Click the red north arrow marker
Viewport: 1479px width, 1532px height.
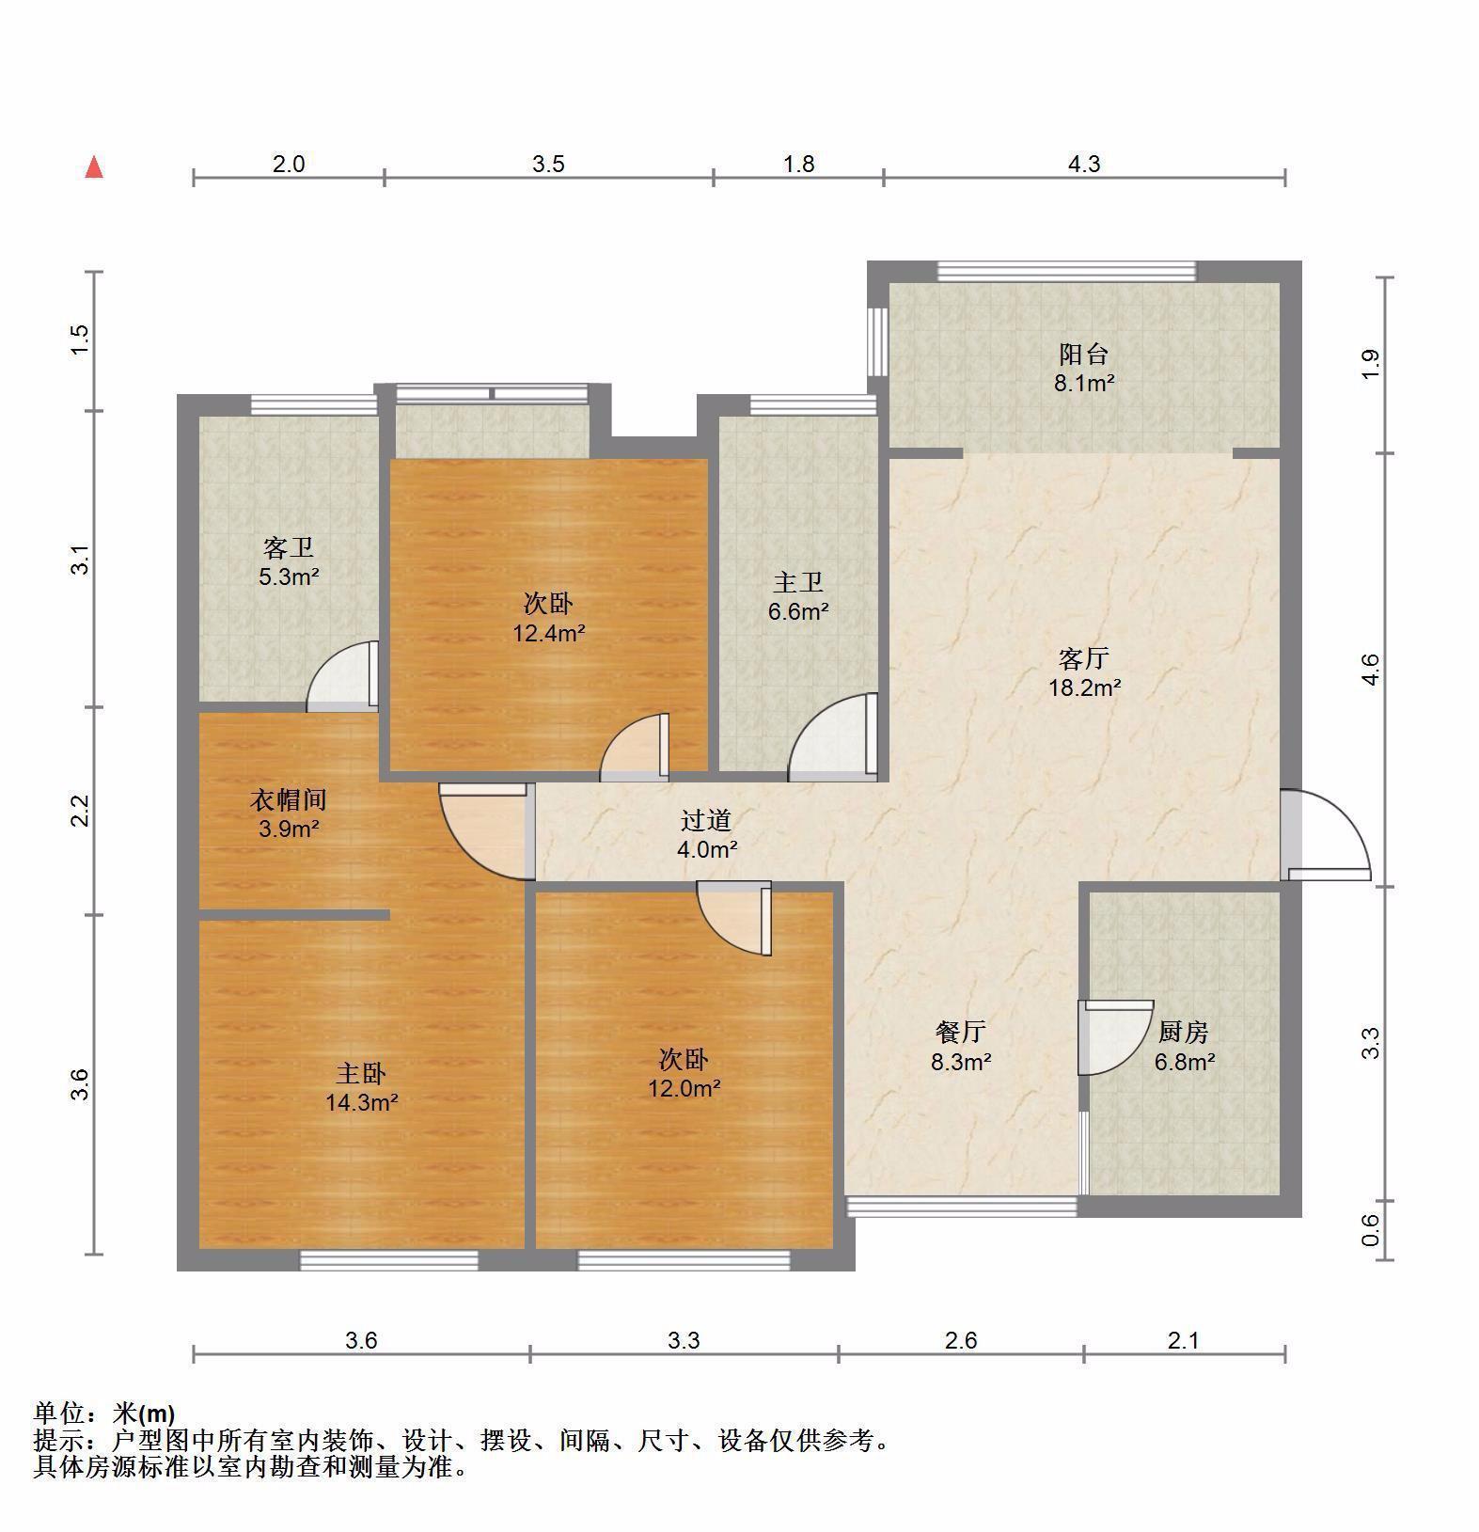coord(94,167)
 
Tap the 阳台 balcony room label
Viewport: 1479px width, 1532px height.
coord(1084,355)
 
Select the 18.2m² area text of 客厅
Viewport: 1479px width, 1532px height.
coord(1084,687)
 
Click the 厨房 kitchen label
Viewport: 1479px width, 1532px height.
coord(1183,1033)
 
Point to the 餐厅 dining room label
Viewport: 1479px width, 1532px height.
coord(961,1033)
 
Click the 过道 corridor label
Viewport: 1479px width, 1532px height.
coord(706,821)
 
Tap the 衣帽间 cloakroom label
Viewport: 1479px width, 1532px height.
coord(289,800)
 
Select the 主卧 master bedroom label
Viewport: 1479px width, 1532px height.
coord(361,1073)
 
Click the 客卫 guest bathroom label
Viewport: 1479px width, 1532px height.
coord(289,547)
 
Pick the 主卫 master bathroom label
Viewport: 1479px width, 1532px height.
coord(797,583)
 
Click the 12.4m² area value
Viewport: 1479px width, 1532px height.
coord(549,634)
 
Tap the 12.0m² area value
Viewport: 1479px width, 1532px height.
coord(684,1089)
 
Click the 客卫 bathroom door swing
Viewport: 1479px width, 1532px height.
coord(343,674)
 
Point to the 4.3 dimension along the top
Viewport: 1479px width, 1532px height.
coord(1084,165)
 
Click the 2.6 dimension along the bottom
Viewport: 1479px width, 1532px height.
coord(960,1340)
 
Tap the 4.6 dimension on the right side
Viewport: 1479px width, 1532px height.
coord(1371,669)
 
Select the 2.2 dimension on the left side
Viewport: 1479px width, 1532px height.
coord(82,811)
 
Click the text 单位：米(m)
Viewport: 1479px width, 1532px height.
coord(104,1413)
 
